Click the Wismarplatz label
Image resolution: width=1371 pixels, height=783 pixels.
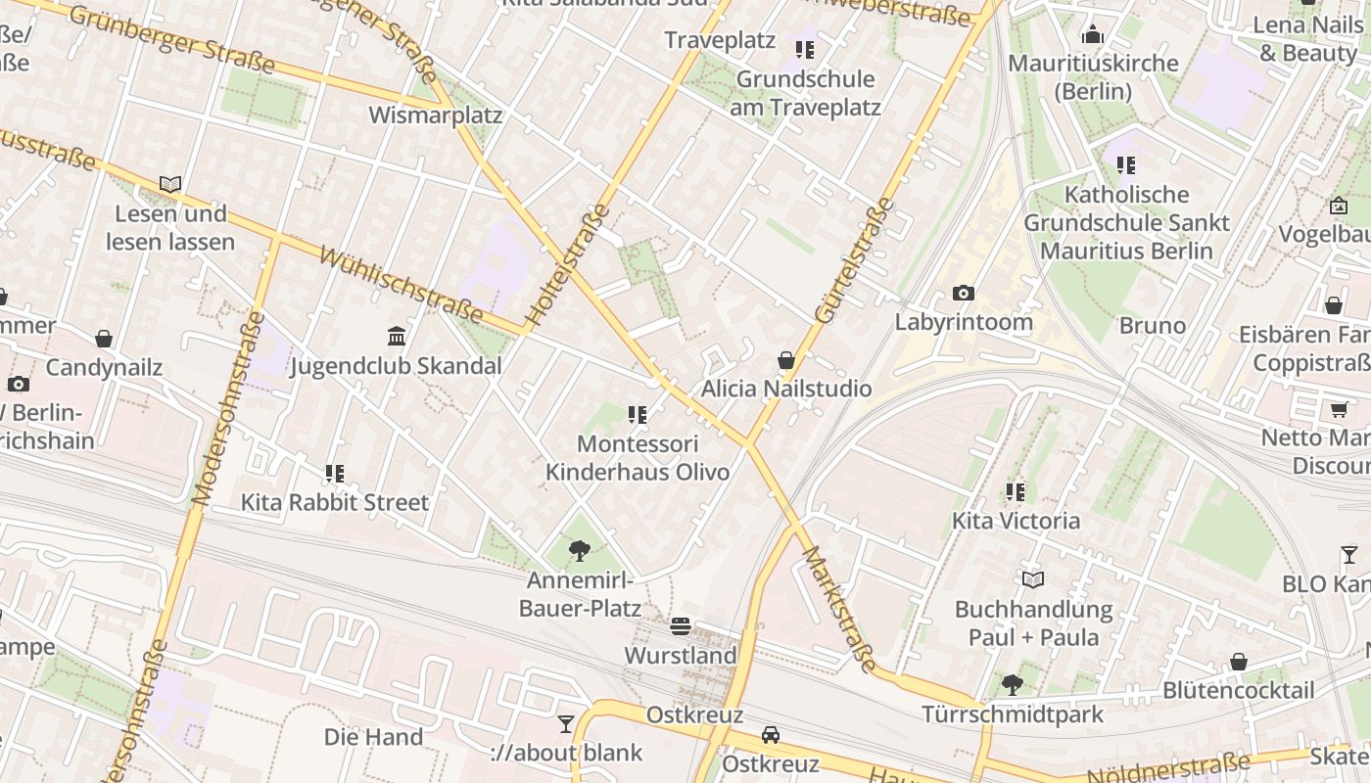coord(435,115)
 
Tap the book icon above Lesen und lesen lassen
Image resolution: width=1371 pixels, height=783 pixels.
coord(170,184)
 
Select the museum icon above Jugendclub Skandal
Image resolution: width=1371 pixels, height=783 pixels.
coord(397,337)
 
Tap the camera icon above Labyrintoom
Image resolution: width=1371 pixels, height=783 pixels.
coord(964,293)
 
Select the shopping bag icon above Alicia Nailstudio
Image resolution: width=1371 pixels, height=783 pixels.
coord(785,361)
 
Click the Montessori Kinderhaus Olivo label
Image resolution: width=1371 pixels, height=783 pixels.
coord(638,458)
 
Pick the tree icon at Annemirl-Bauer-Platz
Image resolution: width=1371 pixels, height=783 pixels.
coord(579,551)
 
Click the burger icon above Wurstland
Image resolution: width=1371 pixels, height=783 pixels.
coord(681,626)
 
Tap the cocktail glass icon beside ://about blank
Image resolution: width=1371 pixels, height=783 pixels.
coord(566,724)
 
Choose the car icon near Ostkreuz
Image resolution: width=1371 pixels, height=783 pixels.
coord(771,734)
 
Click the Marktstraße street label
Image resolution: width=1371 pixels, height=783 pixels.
coord(839,609)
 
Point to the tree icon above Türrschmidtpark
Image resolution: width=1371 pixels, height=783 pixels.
coord(1012,685)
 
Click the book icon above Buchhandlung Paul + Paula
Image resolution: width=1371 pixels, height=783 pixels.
coord(1033,579)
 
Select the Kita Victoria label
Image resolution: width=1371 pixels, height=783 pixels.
coord(1016,521)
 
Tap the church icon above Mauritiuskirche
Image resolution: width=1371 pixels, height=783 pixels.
coord(1093,35)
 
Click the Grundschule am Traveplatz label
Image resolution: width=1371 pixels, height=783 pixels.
coord(805,93)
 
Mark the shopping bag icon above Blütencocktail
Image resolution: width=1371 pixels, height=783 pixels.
coord(1239,662)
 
